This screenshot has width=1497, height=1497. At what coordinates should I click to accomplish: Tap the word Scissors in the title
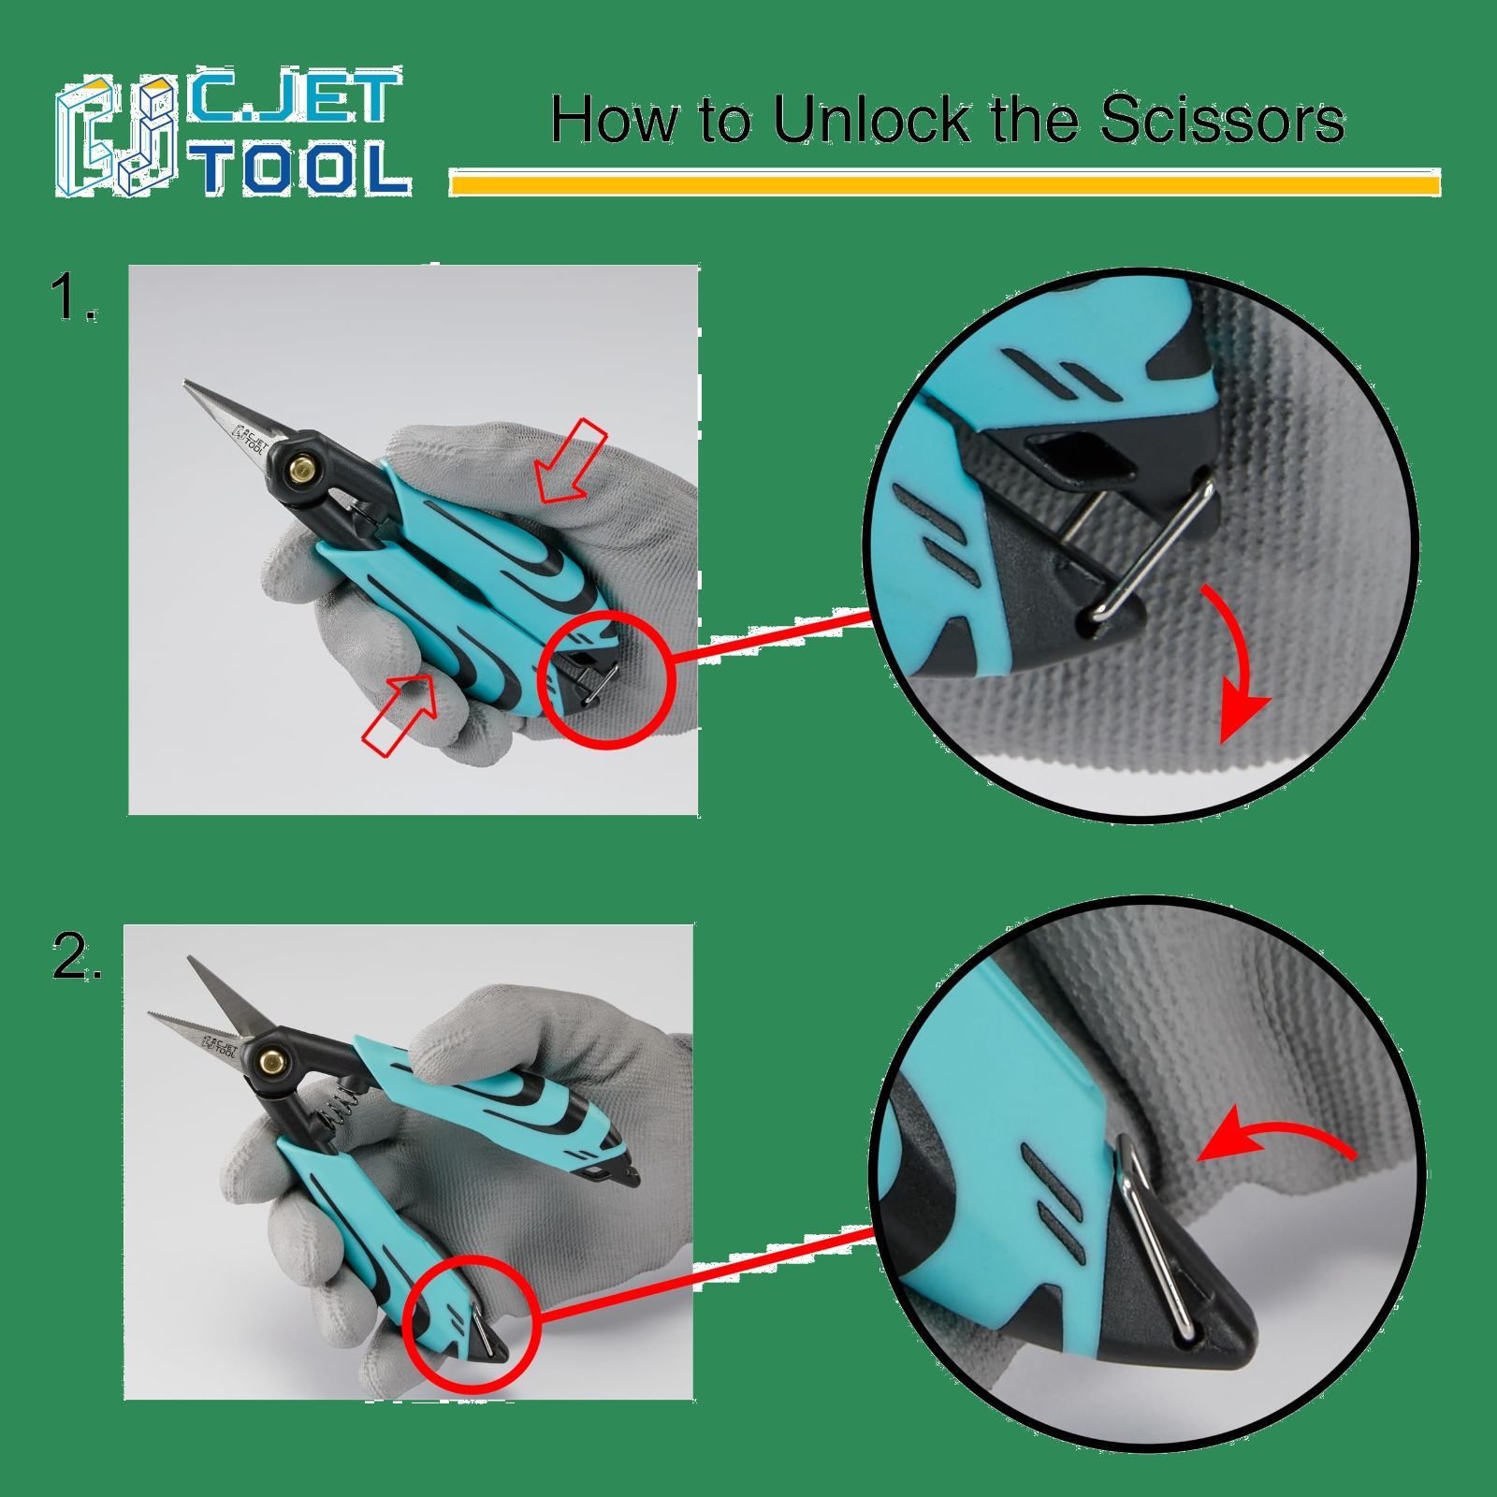click(x=1222, y=120)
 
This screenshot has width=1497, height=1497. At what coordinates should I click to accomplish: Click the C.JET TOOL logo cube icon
click(x=117, y=137)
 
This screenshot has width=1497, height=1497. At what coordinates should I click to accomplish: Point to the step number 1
click(x=74, y=298)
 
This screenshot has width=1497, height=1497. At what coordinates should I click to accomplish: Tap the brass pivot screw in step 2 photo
click(x=273, y=1061)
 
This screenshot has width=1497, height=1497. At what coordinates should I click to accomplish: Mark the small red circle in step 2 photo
click(x=472, y=1325)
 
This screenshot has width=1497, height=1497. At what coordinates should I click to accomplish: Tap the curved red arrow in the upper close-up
click(x=1247, y=655)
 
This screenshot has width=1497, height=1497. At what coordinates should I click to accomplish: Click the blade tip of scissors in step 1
click(x=186, y=383)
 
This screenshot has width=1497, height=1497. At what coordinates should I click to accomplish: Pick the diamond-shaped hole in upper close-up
click(x=1077, y=456)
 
